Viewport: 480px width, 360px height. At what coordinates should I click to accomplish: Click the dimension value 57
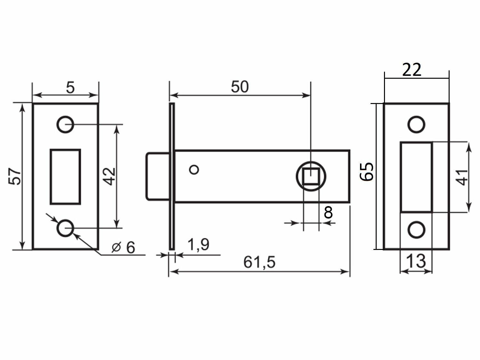coord(15,176)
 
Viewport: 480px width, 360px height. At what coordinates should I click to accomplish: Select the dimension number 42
coord(109,176)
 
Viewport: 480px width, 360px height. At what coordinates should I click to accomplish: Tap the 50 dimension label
coord(240,87)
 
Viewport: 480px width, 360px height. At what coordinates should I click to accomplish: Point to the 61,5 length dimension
coord(259,262)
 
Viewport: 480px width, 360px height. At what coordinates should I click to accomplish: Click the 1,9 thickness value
coord(198,244)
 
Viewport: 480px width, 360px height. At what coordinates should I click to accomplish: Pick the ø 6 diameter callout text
coord(123,248)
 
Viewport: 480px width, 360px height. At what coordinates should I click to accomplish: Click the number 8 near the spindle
coord(328,212)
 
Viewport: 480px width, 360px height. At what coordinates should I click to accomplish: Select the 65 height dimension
coord(367,172)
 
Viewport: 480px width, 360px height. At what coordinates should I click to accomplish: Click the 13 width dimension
coord(416,261)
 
